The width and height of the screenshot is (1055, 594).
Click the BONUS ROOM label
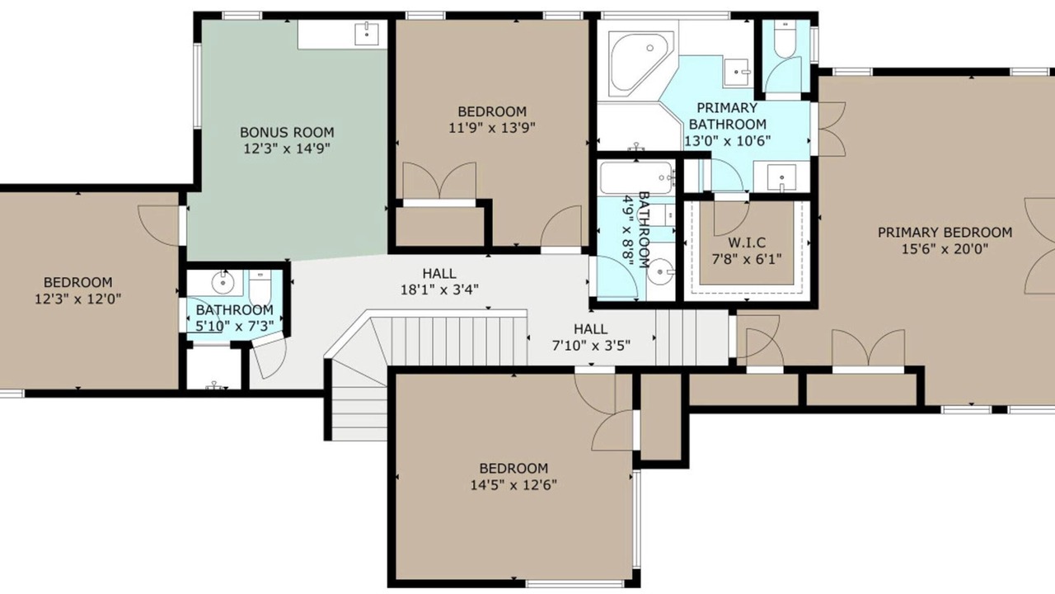287,132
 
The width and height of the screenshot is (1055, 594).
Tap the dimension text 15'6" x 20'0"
945,248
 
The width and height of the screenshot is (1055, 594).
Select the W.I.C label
747,243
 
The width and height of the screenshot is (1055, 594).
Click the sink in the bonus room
367,33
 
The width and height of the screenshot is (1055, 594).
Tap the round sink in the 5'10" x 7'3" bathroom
223,282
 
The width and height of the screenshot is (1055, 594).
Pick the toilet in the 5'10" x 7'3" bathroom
260,287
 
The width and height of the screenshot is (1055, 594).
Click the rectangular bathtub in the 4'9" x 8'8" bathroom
637,177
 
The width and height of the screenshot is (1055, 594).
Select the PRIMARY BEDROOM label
945,233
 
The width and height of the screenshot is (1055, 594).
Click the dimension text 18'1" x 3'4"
439,290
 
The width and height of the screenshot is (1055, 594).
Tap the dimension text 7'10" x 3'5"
591,346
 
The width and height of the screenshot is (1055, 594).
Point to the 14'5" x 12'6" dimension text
513,484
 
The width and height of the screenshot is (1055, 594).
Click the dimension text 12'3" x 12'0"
78,299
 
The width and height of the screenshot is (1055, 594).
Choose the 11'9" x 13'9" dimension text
492,128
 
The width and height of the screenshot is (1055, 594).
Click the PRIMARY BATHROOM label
728,116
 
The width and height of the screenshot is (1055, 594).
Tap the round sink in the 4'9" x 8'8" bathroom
660,272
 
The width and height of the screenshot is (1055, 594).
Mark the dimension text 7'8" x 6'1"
747,259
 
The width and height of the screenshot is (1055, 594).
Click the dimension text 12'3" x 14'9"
287,148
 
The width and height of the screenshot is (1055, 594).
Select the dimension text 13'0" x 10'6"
728,140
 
